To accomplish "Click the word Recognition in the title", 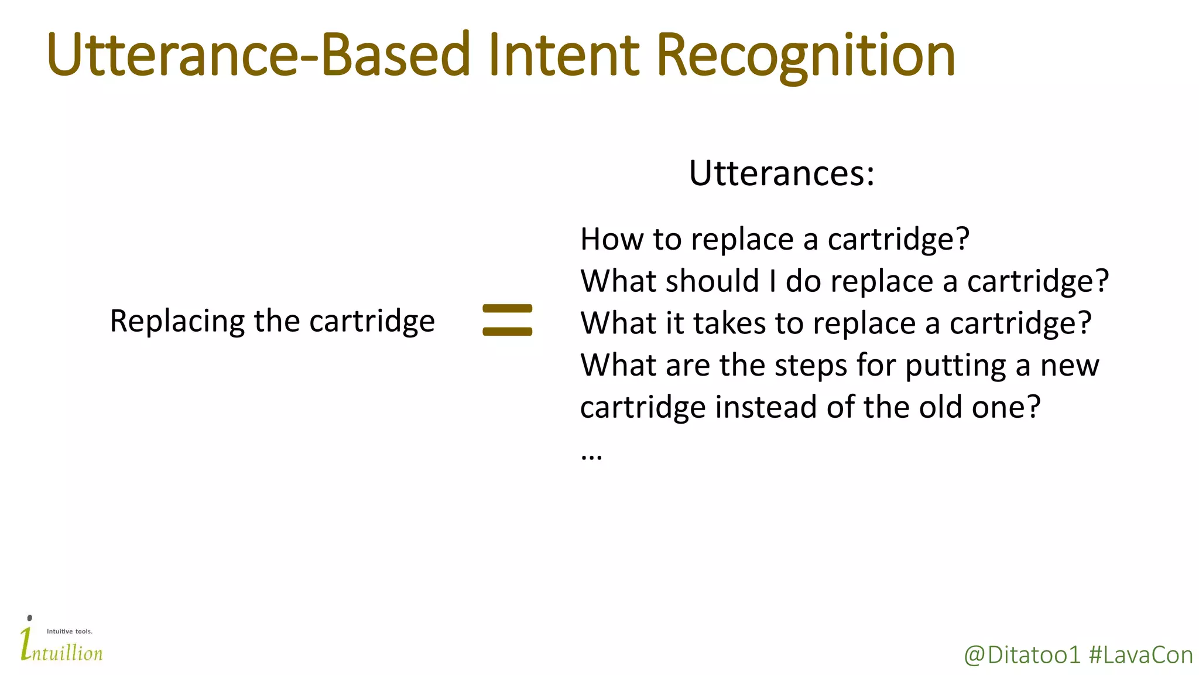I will click(x=806, y=56).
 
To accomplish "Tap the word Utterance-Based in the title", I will click(x=258, y=56).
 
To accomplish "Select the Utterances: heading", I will click(x=782, y=173).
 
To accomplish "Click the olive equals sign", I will click(x=507, y=320).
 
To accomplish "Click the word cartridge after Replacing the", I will click(x=372, y=322).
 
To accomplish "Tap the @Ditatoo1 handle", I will click(x=1022, y=655).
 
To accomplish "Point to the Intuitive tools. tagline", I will click(x=70, y=632).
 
